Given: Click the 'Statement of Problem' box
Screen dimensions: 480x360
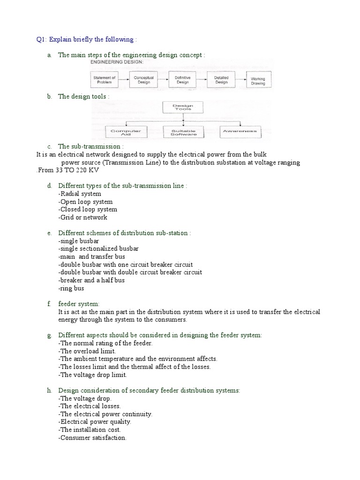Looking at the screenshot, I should pos(104,80).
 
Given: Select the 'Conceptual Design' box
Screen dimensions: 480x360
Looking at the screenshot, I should pos(143,80).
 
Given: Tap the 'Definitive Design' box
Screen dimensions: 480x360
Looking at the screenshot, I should pos(182,80).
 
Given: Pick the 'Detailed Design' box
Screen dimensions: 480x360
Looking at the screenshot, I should pos(221,80).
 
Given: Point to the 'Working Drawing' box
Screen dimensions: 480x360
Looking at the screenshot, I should pos(258,81).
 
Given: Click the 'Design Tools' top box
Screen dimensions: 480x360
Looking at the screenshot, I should pos(183,108).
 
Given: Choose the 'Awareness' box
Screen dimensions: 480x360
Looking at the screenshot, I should pos(240,132).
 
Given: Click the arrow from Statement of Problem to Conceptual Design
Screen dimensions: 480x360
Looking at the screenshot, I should pos(124,80).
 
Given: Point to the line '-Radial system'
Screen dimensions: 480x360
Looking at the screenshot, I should pos(80,194).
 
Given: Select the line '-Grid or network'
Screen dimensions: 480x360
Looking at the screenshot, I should pos(83,217).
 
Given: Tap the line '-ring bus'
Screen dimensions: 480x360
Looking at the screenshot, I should pos(71,288).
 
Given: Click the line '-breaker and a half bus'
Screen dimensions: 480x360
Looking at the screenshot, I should pos(91,280).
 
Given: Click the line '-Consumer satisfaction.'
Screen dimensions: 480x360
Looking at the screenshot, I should pos(92,438).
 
